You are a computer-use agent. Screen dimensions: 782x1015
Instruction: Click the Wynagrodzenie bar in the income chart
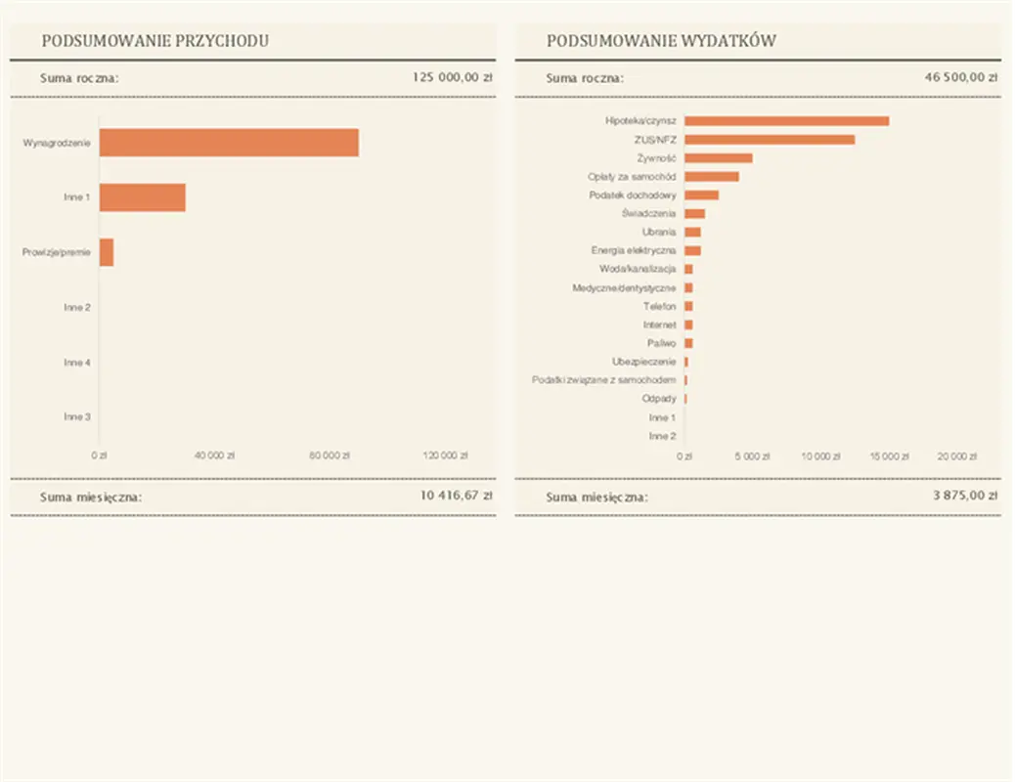tap(229, 143)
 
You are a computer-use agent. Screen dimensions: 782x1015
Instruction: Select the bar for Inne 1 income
tap(143, 197)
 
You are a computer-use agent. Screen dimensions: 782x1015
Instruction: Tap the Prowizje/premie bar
tap(107, 252)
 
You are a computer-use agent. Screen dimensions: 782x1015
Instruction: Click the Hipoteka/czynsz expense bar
tap(786, 121)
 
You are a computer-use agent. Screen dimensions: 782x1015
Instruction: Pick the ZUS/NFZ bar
tap(770, 140)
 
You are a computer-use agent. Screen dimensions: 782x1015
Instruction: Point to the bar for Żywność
tap(719, 158)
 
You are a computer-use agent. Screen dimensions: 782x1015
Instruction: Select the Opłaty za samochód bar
tap(712, 177)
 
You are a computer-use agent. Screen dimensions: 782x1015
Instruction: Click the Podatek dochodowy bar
tap(701, 195)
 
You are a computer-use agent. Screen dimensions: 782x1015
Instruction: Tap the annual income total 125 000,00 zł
tap(452, 77)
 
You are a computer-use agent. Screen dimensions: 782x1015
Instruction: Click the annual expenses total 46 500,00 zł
tap(960, 77)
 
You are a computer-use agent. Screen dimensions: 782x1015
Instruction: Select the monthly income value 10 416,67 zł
tap(456, 496)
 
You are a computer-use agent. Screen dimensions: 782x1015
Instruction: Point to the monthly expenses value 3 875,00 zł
tap(964, 496)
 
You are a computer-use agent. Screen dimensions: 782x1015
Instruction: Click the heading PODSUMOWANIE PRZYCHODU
tap(155, 41)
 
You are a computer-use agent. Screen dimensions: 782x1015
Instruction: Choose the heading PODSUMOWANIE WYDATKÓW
tap(662, 41)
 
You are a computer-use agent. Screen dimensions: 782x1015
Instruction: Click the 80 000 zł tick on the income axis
tap(330, 456)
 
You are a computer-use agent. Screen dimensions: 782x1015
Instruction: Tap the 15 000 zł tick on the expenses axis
tap(889, 456)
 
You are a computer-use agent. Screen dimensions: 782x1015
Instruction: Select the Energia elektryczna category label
tap(634, 251)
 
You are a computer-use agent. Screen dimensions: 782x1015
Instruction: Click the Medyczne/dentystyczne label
tap(624, 288)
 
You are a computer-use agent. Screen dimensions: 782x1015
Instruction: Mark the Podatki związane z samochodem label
tap(603, 380)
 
